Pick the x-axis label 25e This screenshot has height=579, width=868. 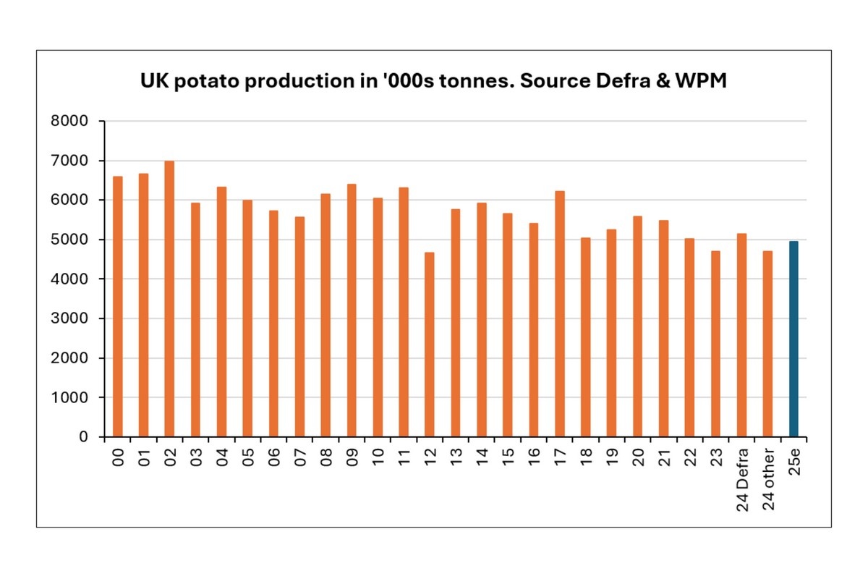click(x=794, y=458)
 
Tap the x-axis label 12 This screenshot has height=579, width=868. click(x=430, y=456)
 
